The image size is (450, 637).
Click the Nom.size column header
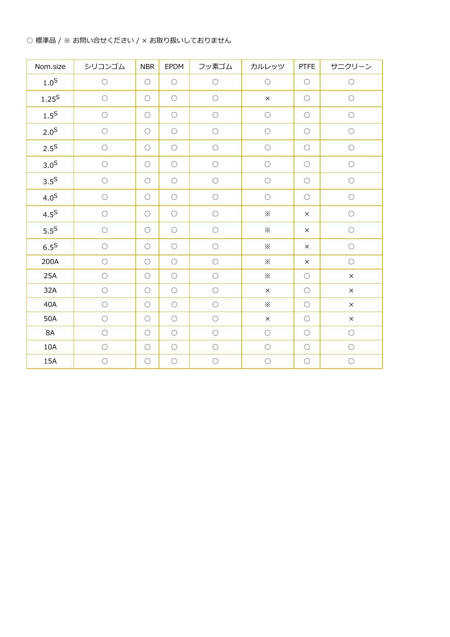click(x=50, y=67)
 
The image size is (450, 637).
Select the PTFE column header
click(x=307, y=67)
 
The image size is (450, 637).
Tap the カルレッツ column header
click(x=267, y=67)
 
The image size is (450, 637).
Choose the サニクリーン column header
click(x=351, y=67)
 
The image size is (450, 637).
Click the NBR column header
click(x=147, y=67)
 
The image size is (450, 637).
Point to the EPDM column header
click(x=174, y=67)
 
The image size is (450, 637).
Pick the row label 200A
click(x=50, y=262)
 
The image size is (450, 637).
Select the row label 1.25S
click(x=50, y=99)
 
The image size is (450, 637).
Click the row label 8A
click(x=50, y=333)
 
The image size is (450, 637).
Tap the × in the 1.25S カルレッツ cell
click(x=267, y=98)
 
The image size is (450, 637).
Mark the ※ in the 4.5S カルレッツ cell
click(x=267, y=214)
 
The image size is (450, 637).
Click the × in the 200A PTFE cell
click(x=307, y=262)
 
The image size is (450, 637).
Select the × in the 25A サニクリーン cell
click(x=351, y=276)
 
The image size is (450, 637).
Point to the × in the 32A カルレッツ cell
click(x=267, y=291)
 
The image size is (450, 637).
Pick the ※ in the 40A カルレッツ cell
click(x=267, y=305)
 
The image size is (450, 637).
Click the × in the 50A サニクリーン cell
click(x=351, y=319)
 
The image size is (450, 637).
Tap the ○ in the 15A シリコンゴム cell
click(x=105, y=361)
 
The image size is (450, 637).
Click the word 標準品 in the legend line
click(x=46, y=41)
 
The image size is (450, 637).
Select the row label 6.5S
click(x=50, y=247)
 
